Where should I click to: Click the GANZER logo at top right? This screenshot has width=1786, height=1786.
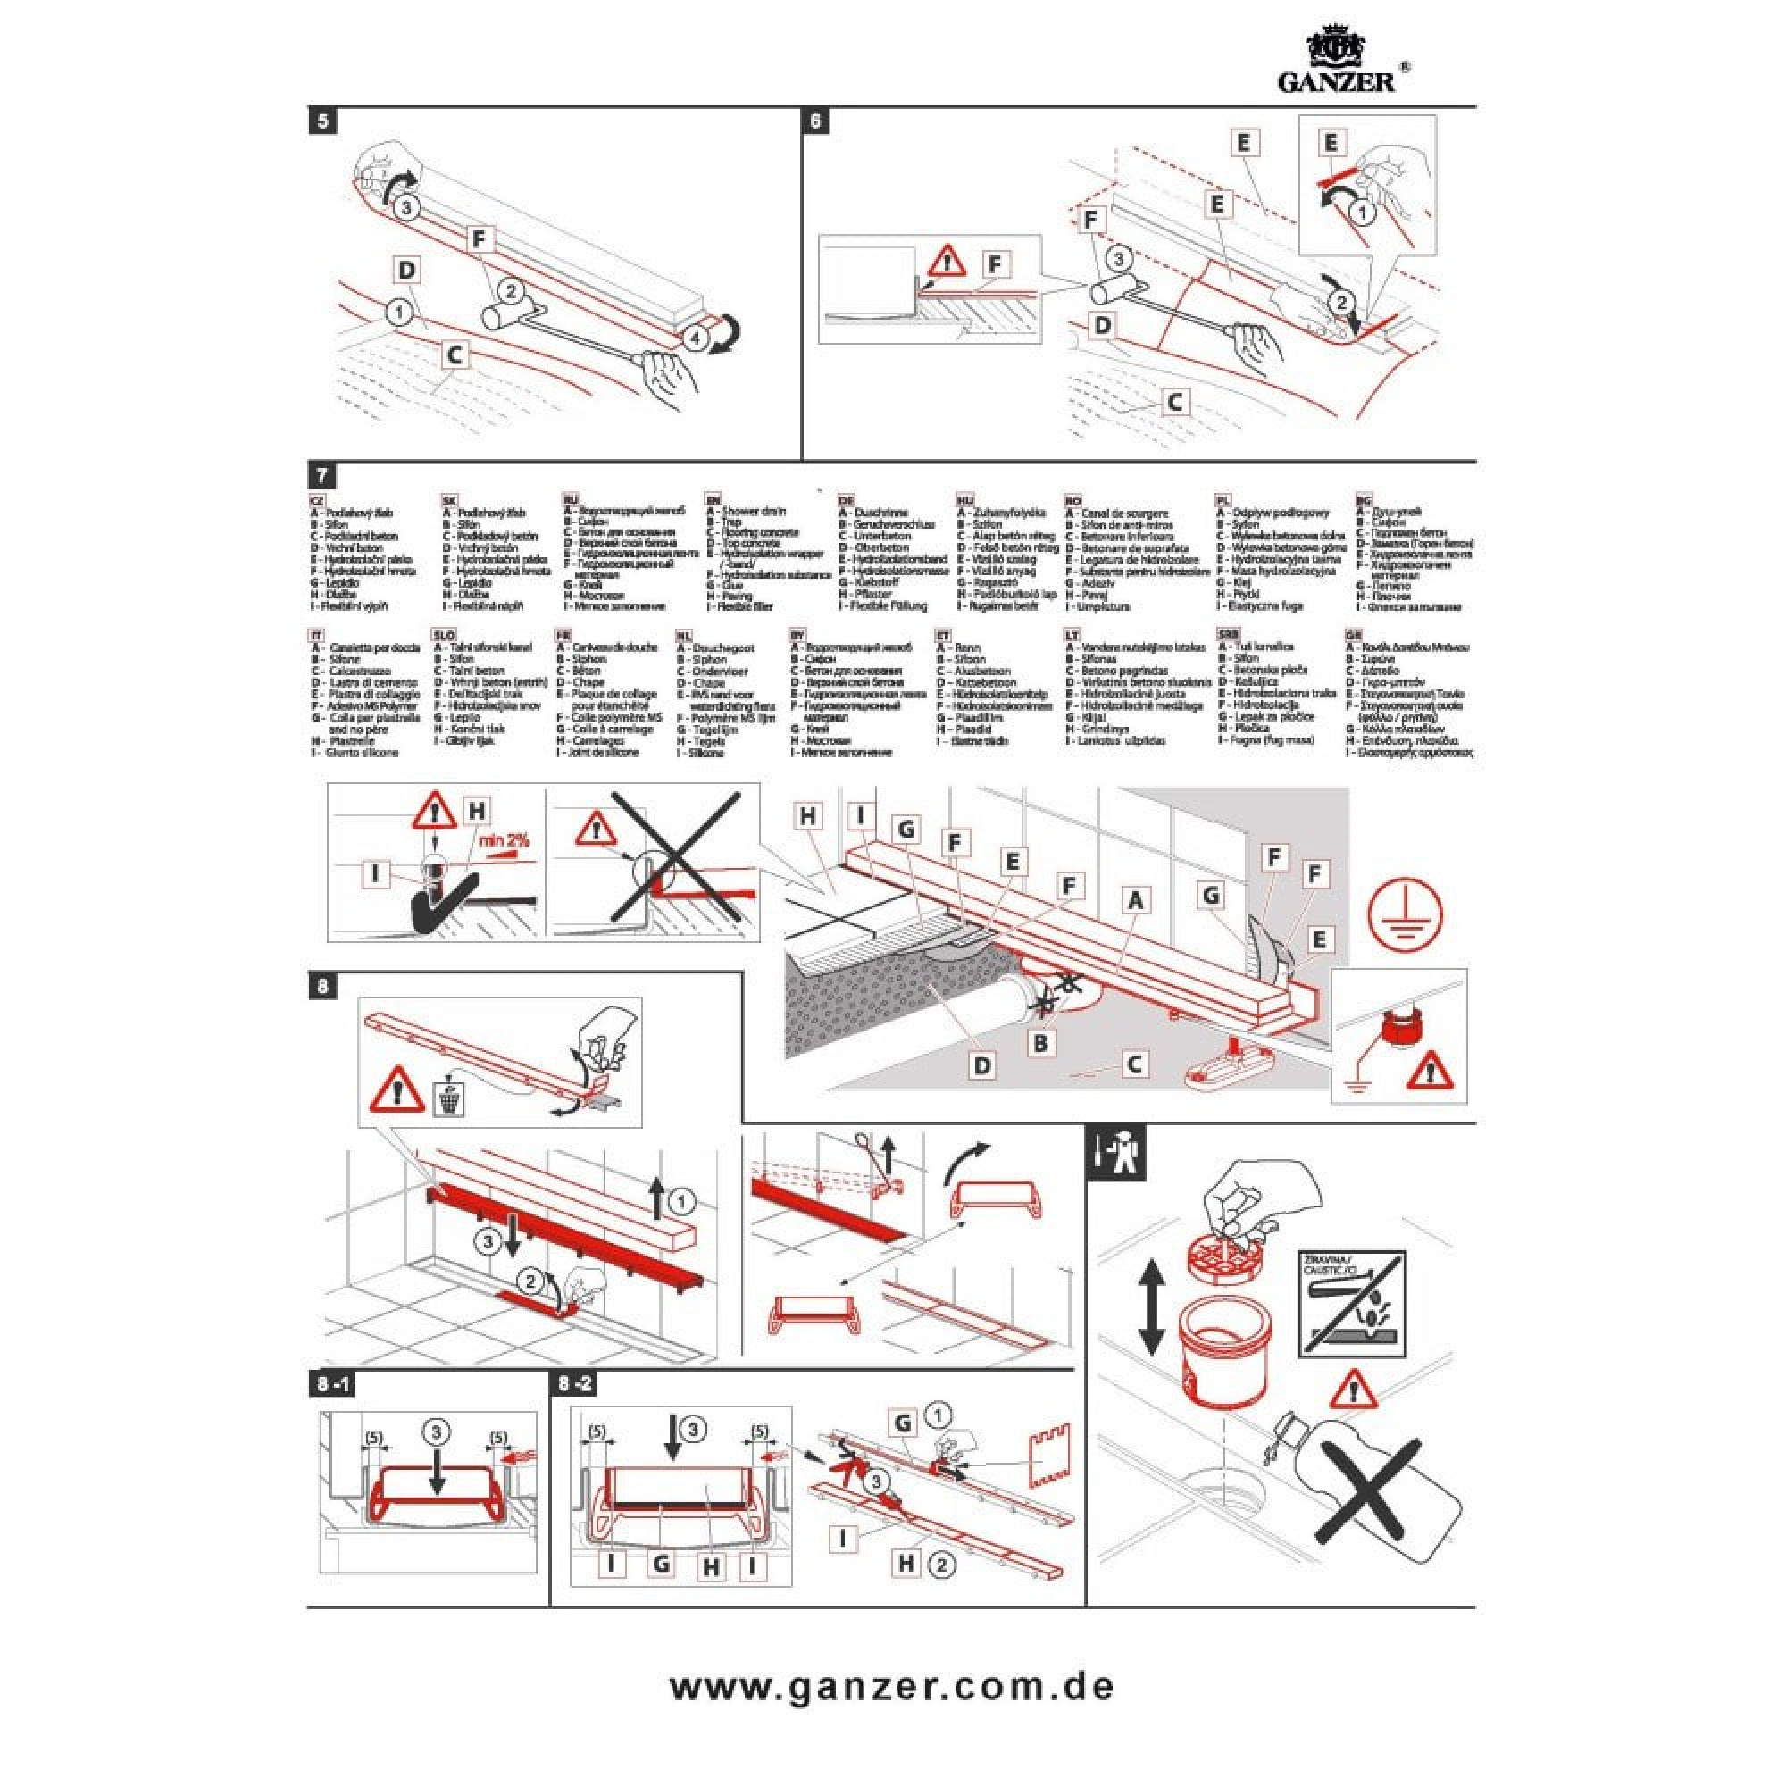coord(1342,62)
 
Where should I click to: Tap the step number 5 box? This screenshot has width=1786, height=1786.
coord(321,121)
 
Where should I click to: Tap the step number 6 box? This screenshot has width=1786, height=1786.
coord(815,121)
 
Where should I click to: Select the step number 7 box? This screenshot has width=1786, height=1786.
coord(321,476)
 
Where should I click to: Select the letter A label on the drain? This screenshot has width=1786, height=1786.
coord(1135,899)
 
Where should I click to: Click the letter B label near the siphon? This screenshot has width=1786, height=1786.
coord(1041,1044)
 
